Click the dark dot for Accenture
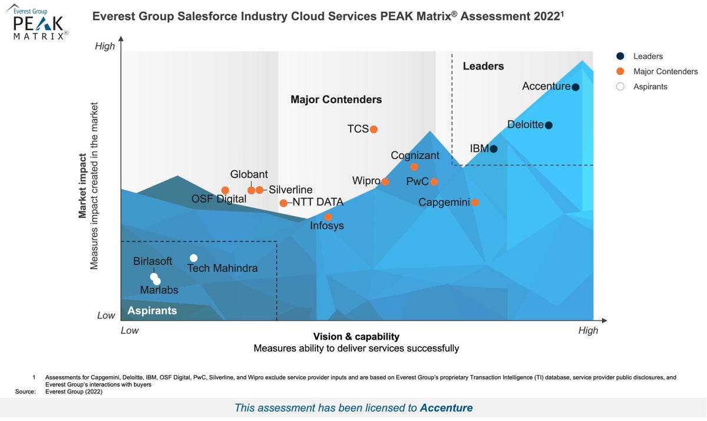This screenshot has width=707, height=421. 576,87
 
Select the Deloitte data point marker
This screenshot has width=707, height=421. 549,125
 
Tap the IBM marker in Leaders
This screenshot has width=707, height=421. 494,149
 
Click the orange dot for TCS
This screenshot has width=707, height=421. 374,130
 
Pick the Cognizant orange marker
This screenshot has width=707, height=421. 414,167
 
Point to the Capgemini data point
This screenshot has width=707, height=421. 475,203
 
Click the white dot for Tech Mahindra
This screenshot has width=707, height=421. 194,258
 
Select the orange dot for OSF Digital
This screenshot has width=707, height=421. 225,190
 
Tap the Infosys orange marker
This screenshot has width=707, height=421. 328,217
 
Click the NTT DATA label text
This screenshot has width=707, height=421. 318,203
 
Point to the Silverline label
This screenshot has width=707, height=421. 290,190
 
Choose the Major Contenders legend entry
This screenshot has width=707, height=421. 665,71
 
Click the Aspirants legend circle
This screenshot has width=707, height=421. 620,87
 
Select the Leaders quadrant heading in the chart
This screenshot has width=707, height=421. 483,66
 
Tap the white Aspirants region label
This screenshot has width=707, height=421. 152,310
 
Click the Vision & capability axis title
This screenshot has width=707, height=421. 356,337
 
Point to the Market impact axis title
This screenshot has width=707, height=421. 83,186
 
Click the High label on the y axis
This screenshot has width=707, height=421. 105,46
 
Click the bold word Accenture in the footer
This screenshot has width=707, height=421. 446,407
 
